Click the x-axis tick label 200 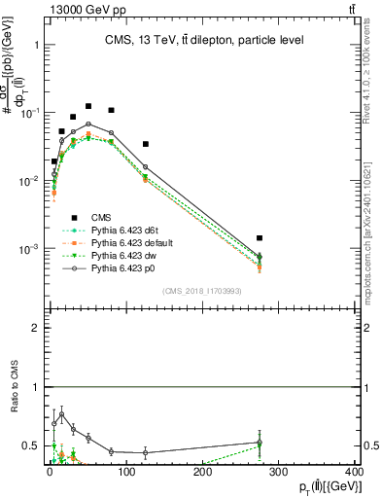pos(202,472)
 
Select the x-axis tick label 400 pos(354,472)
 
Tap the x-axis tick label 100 pos(125,472)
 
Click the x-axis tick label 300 pos(278,472)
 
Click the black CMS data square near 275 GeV pos(260,237)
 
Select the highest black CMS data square pos(88,106)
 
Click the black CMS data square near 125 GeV pos(145,144)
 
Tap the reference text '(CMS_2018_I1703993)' pos(201,291)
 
